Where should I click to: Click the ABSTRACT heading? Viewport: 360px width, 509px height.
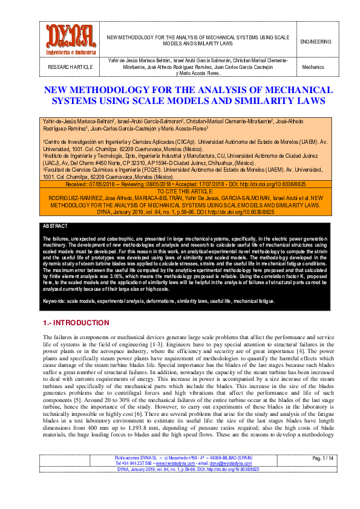(x=56, y=225)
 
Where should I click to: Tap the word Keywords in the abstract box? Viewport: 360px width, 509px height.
(x=55, y=300)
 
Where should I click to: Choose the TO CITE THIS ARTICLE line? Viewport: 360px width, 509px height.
(x=180, y=190)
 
